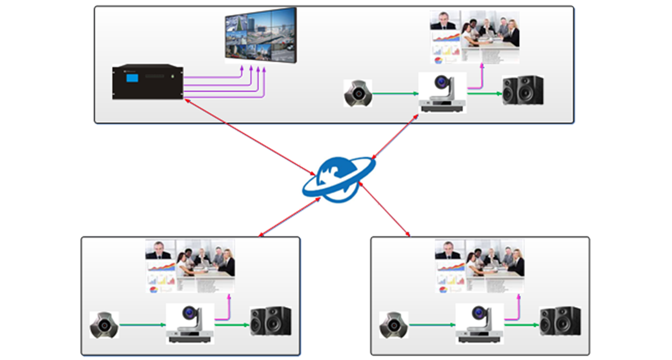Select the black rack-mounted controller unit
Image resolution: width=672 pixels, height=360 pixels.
[148, 82]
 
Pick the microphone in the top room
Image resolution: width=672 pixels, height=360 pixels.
[358, 93]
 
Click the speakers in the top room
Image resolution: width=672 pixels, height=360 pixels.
[523, 90]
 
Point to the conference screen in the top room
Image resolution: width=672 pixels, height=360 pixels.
[474, 37]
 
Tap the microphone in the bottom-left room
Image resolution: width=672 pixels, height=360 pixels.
[104, 325]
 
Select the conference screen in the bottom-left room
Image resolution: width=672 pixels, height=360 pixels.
[190, 266]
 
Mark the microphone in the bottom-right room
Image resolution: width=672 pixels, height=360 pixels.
[394, 325]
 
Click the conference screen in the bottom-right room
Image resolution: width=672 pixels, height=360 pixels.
[479, 266]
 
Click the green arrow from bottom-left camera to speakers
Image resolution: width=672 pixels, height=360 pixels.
[232, 325]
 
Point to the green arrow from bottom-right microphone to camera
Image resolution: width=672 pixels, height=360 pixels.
[432, 325]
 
